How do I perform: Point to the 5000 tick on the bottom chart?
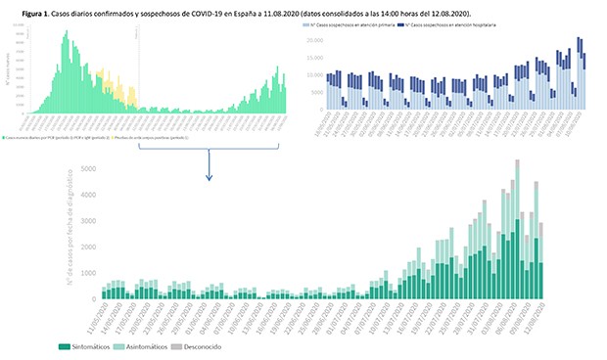tap(88, 168)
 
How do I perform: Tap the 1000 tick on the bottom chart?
tap(88, 274)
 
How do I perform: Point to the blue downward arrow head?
tap(209, 178)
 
